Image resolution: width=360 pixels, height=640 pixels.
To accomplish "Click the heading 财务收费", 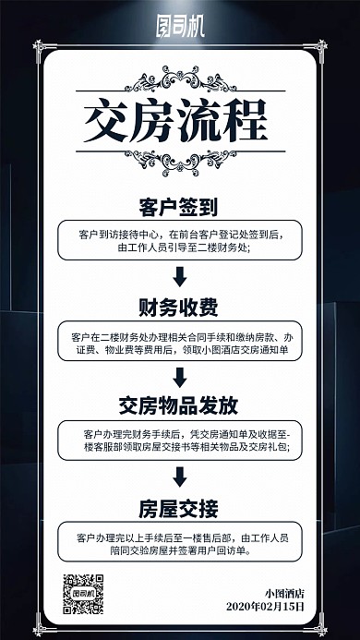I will click(180, 306).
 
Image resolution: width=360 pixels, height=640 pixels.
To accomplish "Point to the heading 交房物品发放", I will click(180, 405).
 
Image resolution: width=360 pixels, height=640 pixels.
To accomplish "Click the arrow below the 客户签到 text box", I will click(180, 274).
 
